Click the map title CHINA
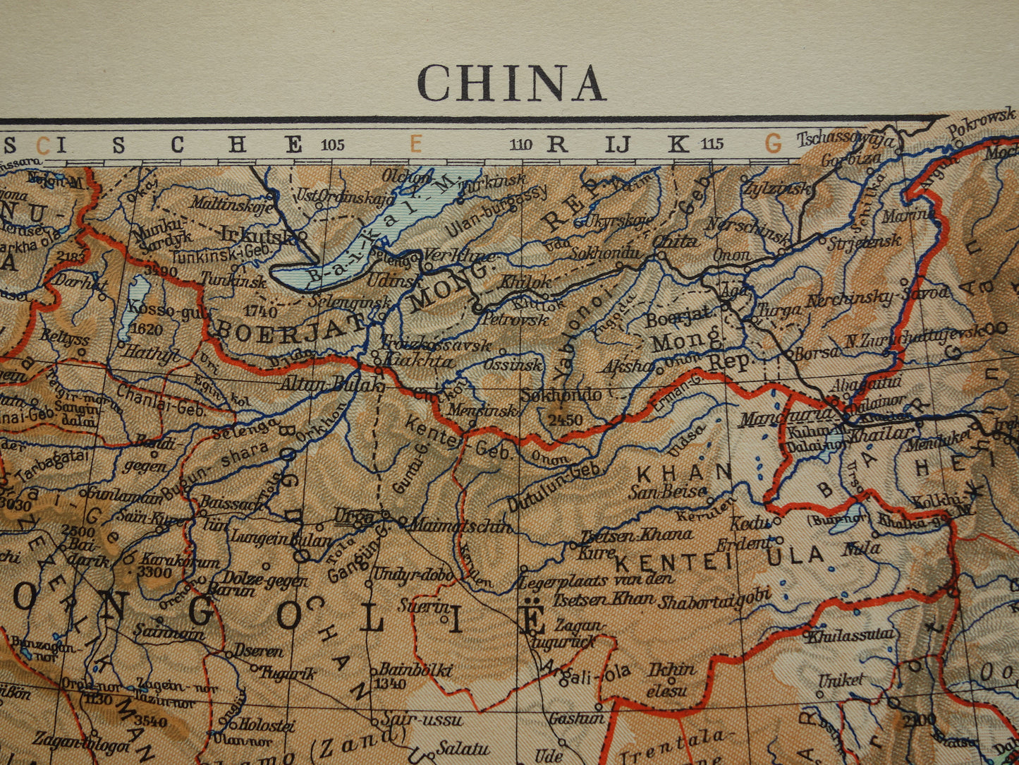pos(511,83)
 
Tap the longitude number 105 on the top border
pos(332,145)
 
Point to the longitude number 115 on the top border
pos(712,145)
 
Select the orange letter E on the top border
pos(415,145)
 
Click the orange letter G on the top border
pos(773,145)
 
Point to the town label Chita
pos(676,241)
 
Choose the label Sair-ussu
pos(421,720)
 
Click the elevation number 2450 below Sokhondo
pos(563,421)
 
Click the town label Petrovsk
pos(515,319)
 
